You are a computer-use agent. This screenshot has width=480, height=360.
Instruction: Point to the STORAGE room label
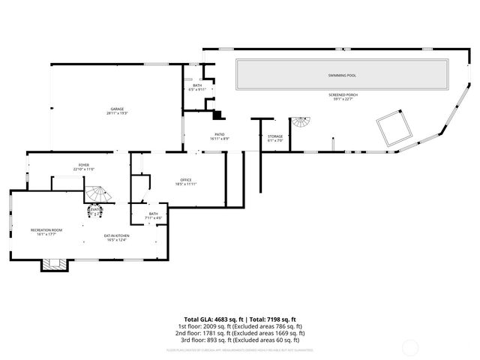coord(275,136)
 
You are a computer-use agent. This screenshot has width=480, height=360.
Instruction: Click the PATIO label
coord(220,134)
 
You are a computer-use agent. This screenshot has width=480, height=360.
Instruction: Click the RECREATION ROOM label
coord(46,229)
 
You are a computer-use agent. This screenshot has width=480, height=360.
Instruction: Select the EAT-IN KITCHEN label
coord(116,236)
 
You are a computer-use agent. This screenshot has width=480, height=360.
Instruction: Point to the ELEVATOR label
coord(95,210)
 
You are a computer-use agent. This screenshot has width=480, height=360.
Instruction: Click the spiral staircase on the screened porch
coord(300,123)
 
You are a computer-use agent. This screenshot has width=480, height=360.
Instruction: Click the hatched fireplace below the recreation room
coord(51,263)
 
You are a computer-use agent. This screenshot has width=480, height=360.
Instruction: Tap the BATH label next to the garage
coord(197,85)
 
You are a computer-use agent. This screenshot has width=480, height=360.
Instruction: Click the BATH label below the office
coord(153,214)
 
